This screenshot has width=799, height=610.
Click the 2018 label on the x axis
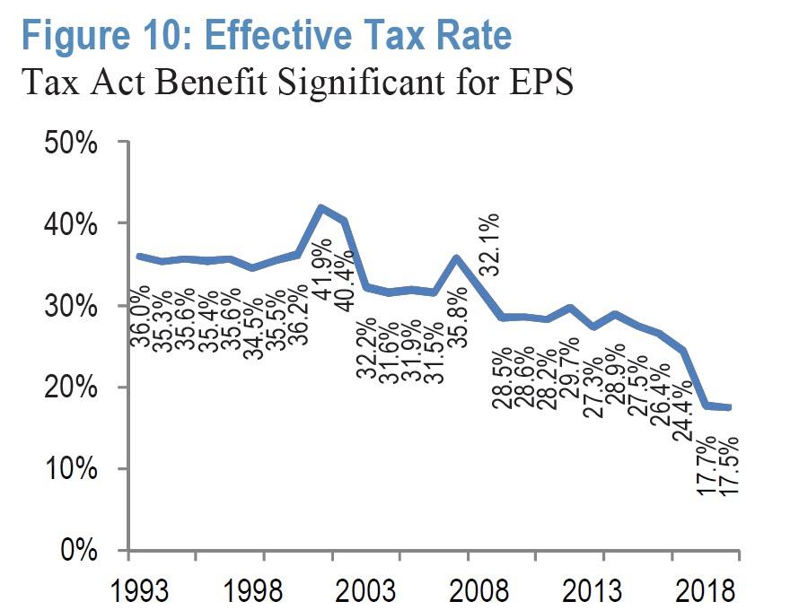[704, 592]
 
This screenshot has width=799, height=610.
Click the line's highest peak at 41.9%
[321, 207]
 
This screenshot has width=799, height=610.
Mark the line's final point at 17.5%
[730, 407]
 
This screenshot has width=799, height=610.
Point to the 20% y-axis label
[75, 387]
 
